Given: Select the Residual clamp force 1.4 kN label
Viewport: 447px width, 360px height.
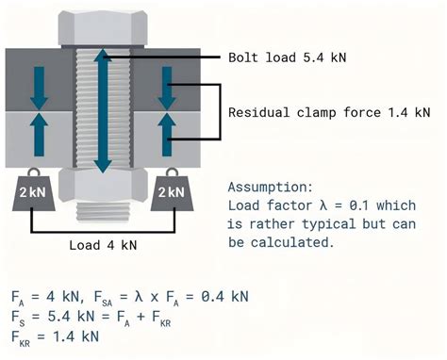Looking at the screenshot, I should [329, 112].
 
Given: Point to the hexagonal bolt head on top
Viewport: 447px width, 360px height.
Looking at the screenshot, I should [102, 26].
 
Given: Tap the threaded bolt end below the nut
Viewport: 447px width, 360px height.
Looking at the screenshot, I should [102, 208].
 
